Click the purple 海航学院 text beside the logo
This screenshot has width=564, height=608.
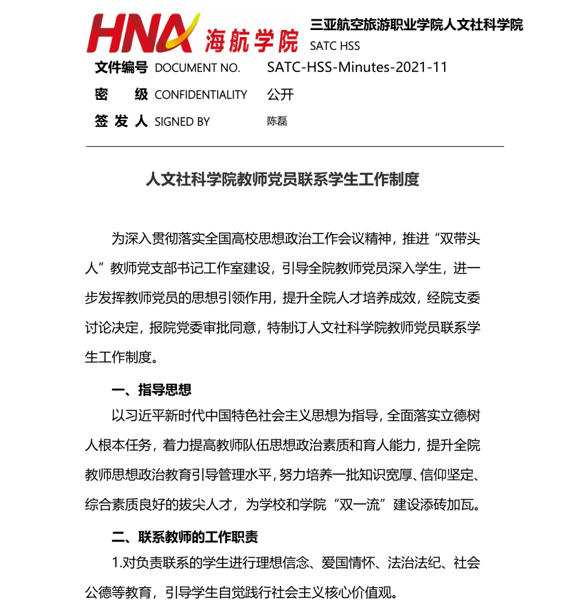tap(251, 41)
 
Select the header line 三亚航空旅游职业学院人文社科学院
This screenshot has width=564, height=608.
tap(416, 25)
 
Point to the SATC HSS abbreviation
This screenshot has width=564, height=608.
tap(335, 46)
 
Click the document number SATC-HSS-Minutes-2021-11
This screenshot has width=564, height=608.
tap(357, 68)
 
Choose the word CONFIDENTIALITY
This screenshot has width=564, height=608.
tap(201, 95)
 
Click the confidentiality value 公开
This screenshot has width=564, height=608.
tap(280, 95)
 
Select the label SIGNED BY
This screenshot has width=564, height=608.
tap(182, 122)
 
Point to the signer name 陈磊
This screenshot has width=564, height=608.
tap(277, 121)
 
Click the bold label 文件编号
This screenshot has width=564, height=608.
tap(121, 68)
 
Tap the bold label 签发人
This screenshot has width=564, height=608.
tap(121, 121)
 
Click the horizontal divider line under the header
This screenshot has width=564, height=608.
tap(295, 146)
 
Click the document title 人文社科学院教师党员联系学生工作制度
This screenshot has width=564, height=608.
tap(282, 179)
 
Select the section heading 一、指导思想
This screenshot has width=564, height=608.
tap(151, 390)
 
